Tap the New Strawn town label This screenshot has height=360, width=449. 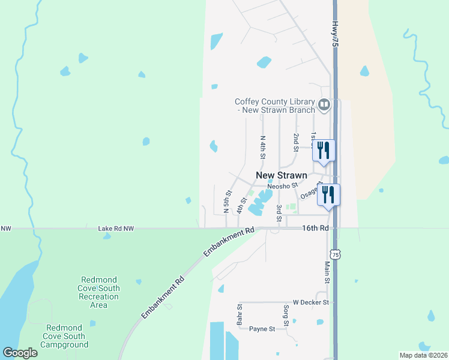tap(282, 175)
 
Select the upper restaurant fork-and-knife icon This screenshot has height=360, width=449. tap(324, 150)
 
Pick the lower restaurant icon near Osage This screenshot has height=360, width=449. tap(328, 194)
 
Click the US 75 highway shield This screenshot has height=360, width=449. tap(336, 255)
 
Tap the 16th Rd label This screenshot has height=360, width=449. tap(315, 229)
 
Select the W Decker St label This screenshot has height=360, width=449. tap(311, 302)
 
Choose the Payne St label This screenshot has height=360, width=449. tap(262, 329)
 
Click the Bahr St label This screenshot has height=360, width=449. tap(240, 315)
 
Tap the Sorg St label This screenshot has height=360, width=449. tap(286, 315)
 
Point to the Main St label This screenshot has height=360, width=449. tap(328, 272)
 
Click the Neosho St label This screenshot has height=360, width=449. tap(283, 186)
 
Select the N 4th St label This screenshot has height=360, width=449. tap(262, 147)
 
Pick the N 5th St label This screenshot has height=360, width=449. tap(227, 202)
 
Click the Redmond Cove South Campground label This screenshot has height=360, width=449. tap(68, 336)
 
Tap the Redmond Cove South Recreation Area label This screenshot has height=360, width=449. tap(99, 292)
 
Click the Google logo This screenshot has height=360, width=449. tap(20, 353)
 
